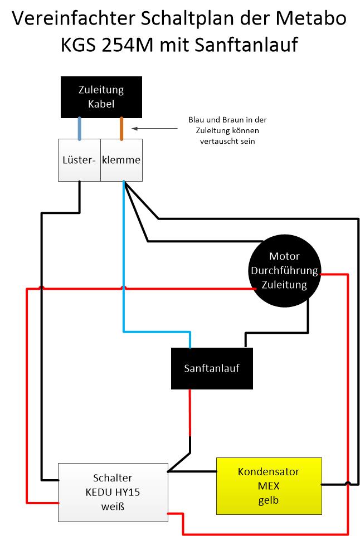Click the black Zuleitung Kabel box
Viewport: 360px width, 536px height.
[x=100, y=97]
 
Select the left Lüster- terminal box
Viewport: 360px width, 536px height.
[x=79, y=160]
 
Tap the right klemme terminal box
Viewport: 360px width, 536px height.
[x=121, y=160]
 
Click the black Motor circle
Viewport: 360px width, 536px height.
[x=284, y=271]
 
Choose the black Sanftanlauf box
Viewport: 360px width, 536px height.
[x=212, y=368]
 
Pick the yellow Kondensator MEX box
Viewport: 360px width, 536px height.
[x=269, y=485]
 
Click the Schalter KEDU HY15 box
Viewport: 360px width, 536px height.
[x=113, y=492]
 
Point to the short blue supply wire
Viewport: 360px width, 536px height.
[x=80, y=128]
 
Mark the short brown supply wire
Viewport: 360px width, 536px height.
[x=121, y=128]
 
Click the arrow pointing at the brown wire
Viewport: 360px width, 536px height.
[x=156, y=129]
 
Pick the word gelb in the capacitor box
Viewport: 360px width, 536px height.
[x=269, y=500]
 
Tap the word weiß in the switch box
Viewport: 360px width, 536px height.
[x=113, y=506]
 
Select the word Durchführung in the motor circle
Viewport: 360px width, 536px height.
[x=284, y=271]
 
